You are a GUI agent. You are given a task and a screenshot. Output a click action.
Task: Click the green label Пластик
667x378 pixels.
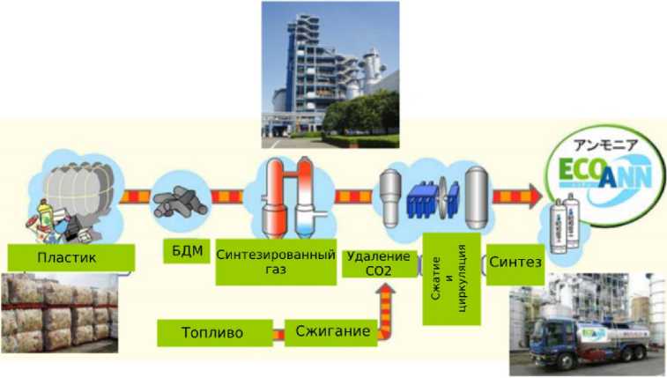(70, 257)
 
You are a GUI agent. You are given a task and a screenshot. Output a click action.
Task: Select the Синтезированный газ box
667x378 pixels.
(276, 262)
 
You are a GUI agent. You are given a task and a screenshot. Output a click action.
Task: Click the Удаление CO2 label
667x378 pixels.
(379, 262)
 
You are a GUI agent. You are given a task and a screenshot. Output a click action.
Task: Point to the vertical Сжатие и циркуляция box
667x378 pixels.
(450, 278)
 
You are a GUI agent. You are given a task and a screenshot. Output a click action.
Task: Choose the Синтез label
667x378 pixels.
(515, 263)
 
